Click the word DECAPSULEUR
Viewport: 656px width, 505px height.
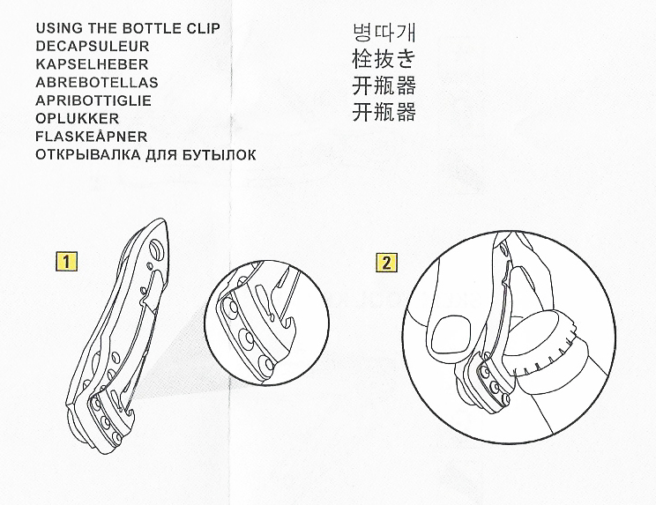[91, 45]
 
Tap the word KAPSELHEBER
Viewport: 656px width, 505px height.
[91, 63]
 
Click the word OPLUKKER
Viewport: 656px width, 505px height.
[78, 119]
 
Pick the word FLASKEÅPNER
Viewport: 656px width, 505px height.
[91, 137]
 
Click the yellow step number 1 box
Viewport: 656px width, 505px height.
[64, 261]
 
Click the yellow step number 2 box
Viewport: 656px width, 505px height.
[386, 261]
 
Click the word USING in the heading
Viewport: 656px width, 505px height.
[59, 27]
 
